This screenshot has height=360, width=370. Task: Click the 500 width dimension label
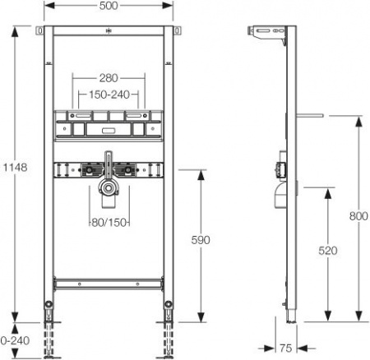[x=108, y=7]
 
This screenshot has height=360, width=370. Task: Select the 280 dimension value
[x=108, y=77]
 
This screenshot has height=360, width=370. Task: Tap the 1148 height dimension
[x=15, y=167]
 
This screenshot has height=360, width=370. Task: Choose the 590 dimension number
[x=200, y=240]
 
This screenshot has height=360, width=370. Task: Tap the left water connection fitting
[x=86, y=172]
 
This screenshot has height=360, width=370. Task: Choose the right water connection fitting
[x=128, y=172]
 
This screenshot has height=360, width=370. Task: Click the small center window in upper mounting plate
[x=108, y=129]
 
